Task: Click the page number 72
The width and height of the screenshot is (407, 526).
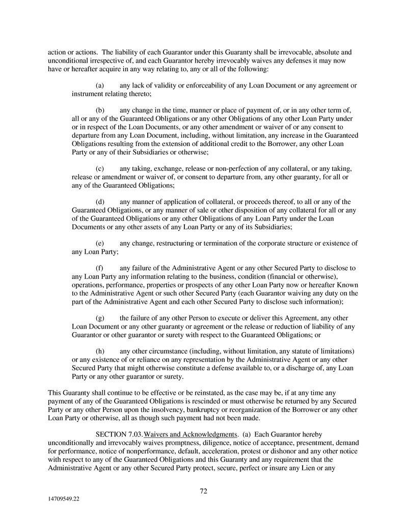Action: (203, 491)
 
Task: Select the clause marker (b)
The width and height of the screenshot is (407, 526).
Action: (100, 110)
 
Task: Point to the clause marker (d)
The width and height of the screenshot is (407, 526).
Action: (100, 202)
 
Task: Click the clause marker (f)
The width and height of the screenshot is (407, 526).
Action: (100, 268)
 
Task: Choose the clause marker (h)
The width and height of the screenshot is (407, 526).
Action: (100, 352)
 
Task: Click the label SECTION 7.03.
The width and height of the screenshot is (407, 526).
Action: (119, 434)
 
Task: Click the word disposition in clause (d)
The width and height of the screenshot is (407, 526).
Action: (254, 210)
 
